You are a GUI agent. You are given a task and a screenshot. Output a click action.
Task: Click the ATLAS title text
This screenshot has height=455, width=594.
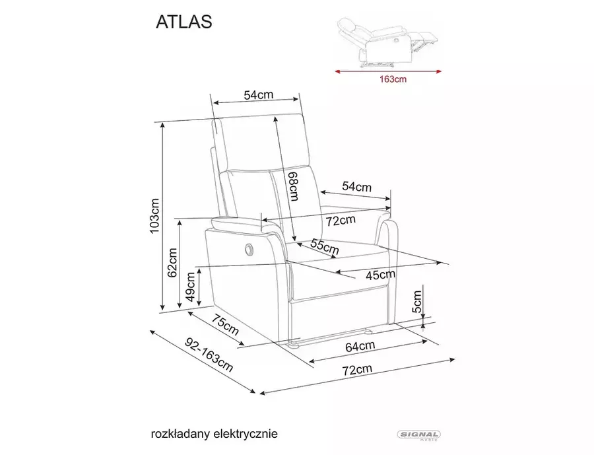[x=184, y=22]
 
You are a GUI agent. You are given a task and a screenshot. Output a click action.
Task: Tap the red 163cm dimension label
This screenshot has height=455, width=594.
[x=393, y=79]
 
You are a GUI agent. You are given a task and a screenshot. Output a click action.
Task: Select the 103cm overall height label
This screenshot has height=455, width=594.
[x=155, y=216]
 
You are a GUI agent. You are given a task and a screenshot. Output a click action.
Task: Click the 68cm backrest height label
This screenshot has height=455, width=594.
[x=293, y=186]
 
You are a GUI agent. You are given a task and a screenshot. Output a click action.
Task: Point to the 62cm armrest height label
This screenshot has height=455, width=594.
[x=172, y=263]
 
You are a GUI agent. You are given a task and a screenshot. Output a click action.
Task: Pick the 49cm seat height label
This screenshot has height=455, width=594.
[x=191, y=287]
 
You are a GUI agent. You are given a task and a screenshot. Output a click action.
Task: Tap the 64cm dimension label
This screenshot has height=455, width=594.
[x=360, y=346]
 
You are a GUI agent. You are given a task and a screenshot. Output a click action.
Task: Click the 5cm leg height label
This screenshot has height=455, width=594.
[x=416, y=301]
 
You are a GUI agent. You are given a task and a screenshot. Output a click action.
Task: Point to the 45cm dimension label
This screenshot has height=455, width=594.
[x=380, y=275]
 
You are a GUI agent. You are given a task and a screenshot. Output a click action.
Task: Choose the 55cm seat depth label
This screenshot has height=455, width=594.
[x=325, y=246]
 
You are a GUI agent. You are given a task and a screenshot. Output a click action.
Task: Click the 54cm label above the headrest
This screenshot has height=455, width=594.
[x=258, y=94]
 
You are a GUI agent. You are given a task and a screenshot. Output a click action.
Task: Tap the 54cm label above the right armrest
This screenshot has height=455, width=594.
[x=357, y=186]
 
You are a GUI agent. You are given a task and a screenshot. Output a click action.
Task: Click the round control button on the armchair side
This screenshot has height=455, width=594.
[x=249, y=248]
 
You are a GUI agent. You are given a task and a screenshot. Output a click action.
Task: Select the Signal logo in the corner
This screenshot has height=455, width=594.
[x=418, y=435]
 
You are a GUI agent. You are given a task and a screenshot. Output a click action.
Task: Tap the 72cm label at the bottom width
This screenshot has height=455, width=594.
[x=357, y=369]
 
